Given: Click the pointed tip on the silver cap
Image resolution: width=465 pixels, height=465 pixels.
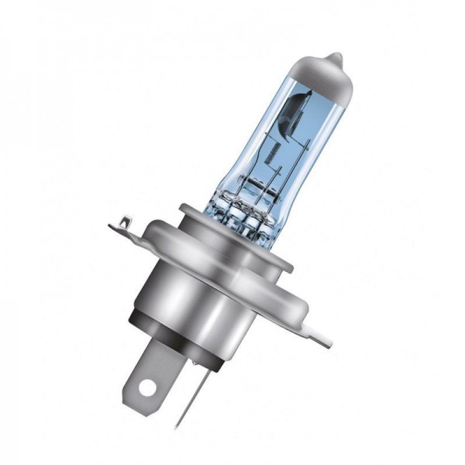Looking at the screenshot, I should coord(333,57).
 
